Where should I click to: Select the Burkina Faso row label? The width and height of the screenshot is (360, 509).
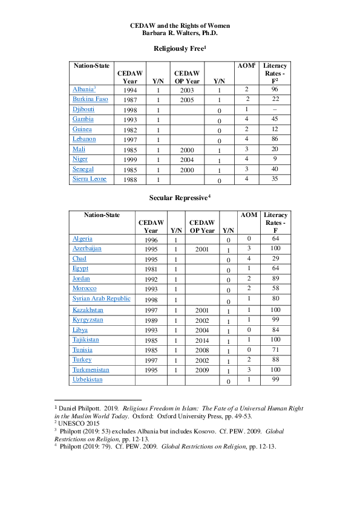pyautogui.click(x=90, y=99)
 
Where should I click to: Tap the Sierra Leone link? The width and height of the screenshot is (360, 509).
pyautogui.click(x=89, y=179)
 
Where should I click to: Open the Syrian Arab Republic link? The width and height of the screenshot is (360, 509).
pyautogui.click(x=101, y=299)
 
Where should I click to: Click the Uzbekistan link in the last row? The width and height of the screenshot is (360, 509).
pyautogui.click(x=87, y=379)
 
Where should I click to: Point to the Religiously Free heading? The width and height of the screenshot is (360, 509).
pyautogui.click(x=180, y=48)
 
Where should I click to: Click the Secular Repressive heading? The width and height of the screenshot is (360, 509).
pyautogui.click(x=180, y=198)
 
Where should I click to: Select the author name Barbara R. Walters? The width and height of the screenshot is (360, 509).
pyautogui.click(x=180, y=33)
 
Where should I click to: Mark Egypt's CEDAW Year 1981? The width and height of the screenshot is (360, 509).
pyautogui.click(x=151, y=270)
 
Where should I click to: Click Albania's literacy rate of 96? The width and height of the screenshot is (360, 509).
pyautogui.click(x=275, y=89)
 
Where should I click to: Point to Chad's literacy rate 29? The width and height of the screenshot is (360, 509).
pyautogui.click(x=275, y=259)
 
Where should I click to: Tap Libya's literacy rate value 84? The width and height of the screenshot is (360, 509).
pyautogui.click(x=275, y=330)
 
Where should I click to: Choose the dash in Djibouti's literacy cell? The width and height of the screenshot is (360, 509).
pyautogui.click(x=275, y=109)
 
